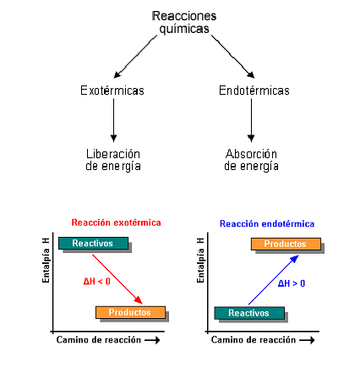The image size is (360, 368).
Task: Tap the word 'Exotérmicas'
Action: point(112,91)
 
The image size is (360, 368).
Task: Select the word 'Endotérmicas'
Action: point(254,91)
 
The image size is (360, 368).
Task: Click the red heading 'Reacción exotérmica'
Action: point(116,222)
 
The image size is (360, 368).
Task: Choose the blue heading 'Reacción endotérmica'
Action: point(267,223)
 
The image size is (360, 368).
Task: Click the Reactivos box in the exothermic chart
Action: point(93,244)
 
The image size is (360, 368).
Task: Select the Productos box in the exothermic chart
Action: point(129,312)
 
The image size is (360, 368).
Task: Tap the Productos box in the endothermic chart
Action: point(285,244)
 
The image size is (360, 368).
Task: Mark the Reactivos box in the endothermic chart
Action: point(248,312)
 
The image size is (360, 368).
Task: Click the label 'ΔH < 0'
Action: point(96,282)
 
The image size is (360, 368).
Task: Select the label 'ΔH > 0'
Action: point(292,283)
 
